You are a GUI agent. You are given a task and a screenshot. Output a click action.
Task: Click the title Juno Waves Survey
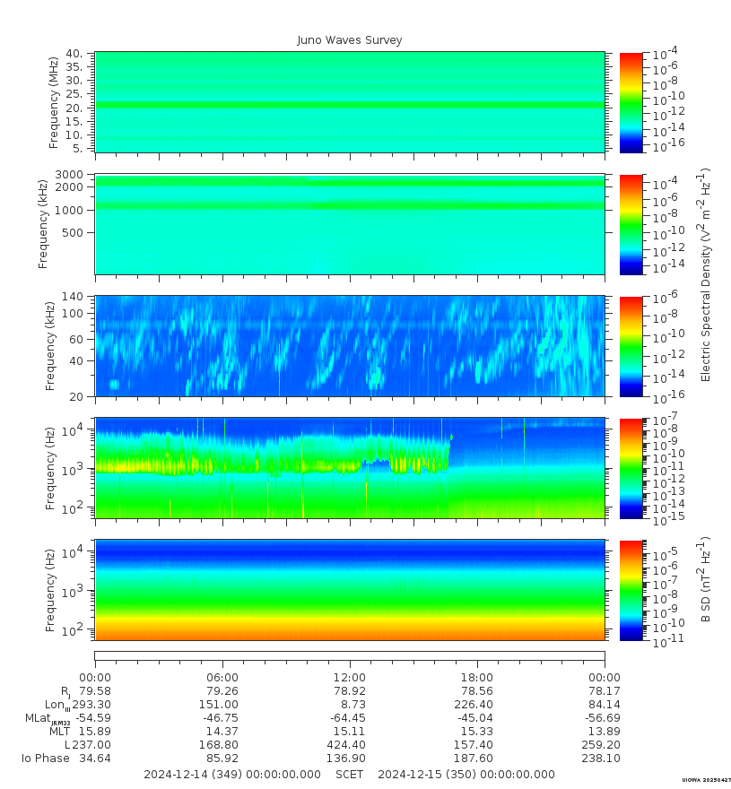tap(350, 40)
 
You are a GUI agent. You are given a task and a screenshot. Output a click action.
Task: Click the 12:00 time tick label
tap(350, 677)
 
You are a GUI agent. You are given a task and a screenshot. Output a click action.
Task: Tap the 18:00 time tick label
tap(476, 677)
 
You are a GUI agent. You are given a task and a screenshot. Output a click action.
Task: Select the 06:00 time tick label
tap(222, 677)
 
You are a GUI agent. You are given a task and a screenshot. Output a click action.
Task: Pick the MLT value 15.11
tap(350, 732)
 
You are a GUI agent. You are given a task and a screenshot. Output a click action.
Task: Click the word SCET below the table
tap(350, 775)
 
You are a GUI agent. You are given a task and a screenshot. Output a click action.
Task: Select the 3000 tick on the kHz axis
tap(72, 174)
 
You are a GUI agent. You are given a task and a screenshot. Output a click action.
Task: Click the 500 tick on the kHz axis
tap(74, 233)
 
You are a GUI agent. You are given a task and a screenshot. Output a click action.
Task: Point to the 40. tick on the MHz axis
tap(75, 54)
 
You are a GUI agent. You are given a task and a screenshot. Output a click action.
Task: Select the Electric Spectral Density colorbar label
tap(705, 273)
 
